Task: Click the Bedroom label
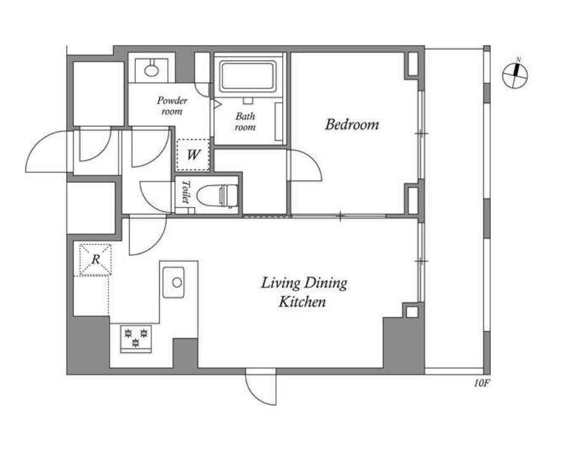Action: coord(352,125)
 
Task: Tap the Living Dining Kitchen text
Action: coord(304,292)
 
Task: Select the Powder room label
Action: coord(172,106)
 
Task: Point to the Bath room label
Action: coord(245,122)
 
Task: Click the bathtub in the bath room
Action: coord(248,77)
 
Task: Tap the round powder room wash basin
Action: coord(151,69)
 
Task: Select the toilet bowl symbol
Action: coord(217,196)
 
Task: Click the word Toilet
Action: coord(185,192)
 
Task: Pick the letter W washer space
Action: coord(193,154)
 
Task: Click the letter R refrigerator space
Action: coord(95,259)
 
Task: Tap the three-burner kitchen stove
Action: coord(136,338)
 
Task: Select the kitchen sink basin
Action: coord(173,282)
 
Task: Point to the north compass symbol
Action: coord(515,75)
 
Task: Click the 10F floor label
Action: coord(481,383)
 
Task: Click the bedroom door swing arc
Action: coord(306,165)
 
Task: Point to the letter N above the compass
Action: coord(519,60)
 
